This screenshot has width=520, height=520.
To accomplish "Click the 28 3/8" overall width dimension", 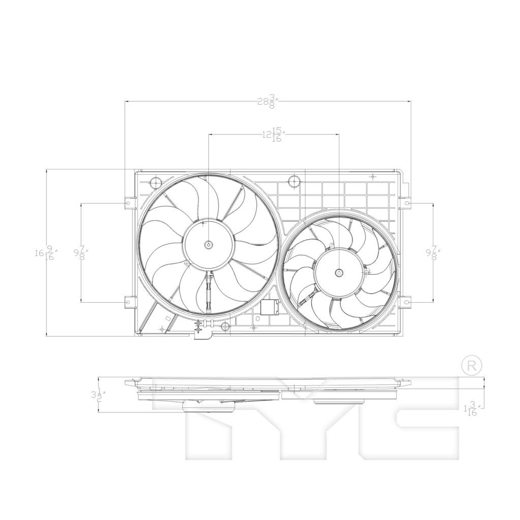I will [x=267, y=101].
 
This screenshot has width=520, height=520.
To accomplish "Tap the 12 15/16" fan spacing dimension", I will [x=273, y=135].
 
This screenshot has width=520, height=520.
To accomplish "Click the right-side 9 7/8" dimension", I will [x=433, y=252].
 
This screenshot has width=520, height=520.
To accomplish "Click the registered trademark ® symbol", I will [x=471, y=365].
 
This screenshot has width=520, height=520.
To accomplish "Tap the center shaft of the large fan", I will [x=209, y=245].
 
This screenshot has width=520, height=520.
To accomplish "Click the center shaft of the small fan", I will [x=339, y=273].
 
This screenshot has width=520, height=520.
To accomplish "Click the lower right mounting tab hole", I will [x=407, y=302].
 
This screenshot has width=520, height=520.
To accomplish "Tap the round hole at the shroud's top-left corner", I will [x=155, y=182].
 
